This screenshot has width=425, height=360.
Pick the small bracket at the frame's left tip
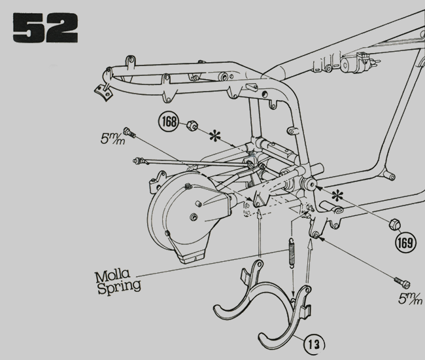coord(102,91)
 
